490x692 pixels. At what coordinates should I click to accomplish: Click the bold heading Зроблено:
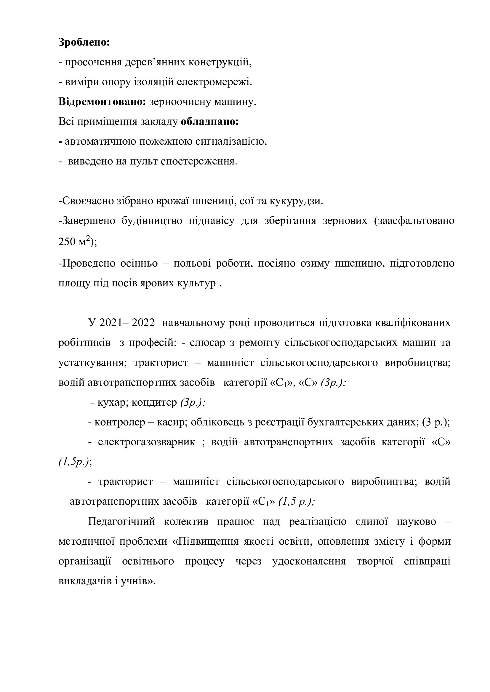84,42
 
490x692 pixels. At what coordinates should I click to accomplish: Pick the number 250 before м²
67,242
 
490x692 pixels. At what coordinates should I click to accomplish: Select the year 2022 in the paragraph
143,323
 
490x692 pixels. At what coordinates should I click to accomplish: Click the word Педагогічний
121,522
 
